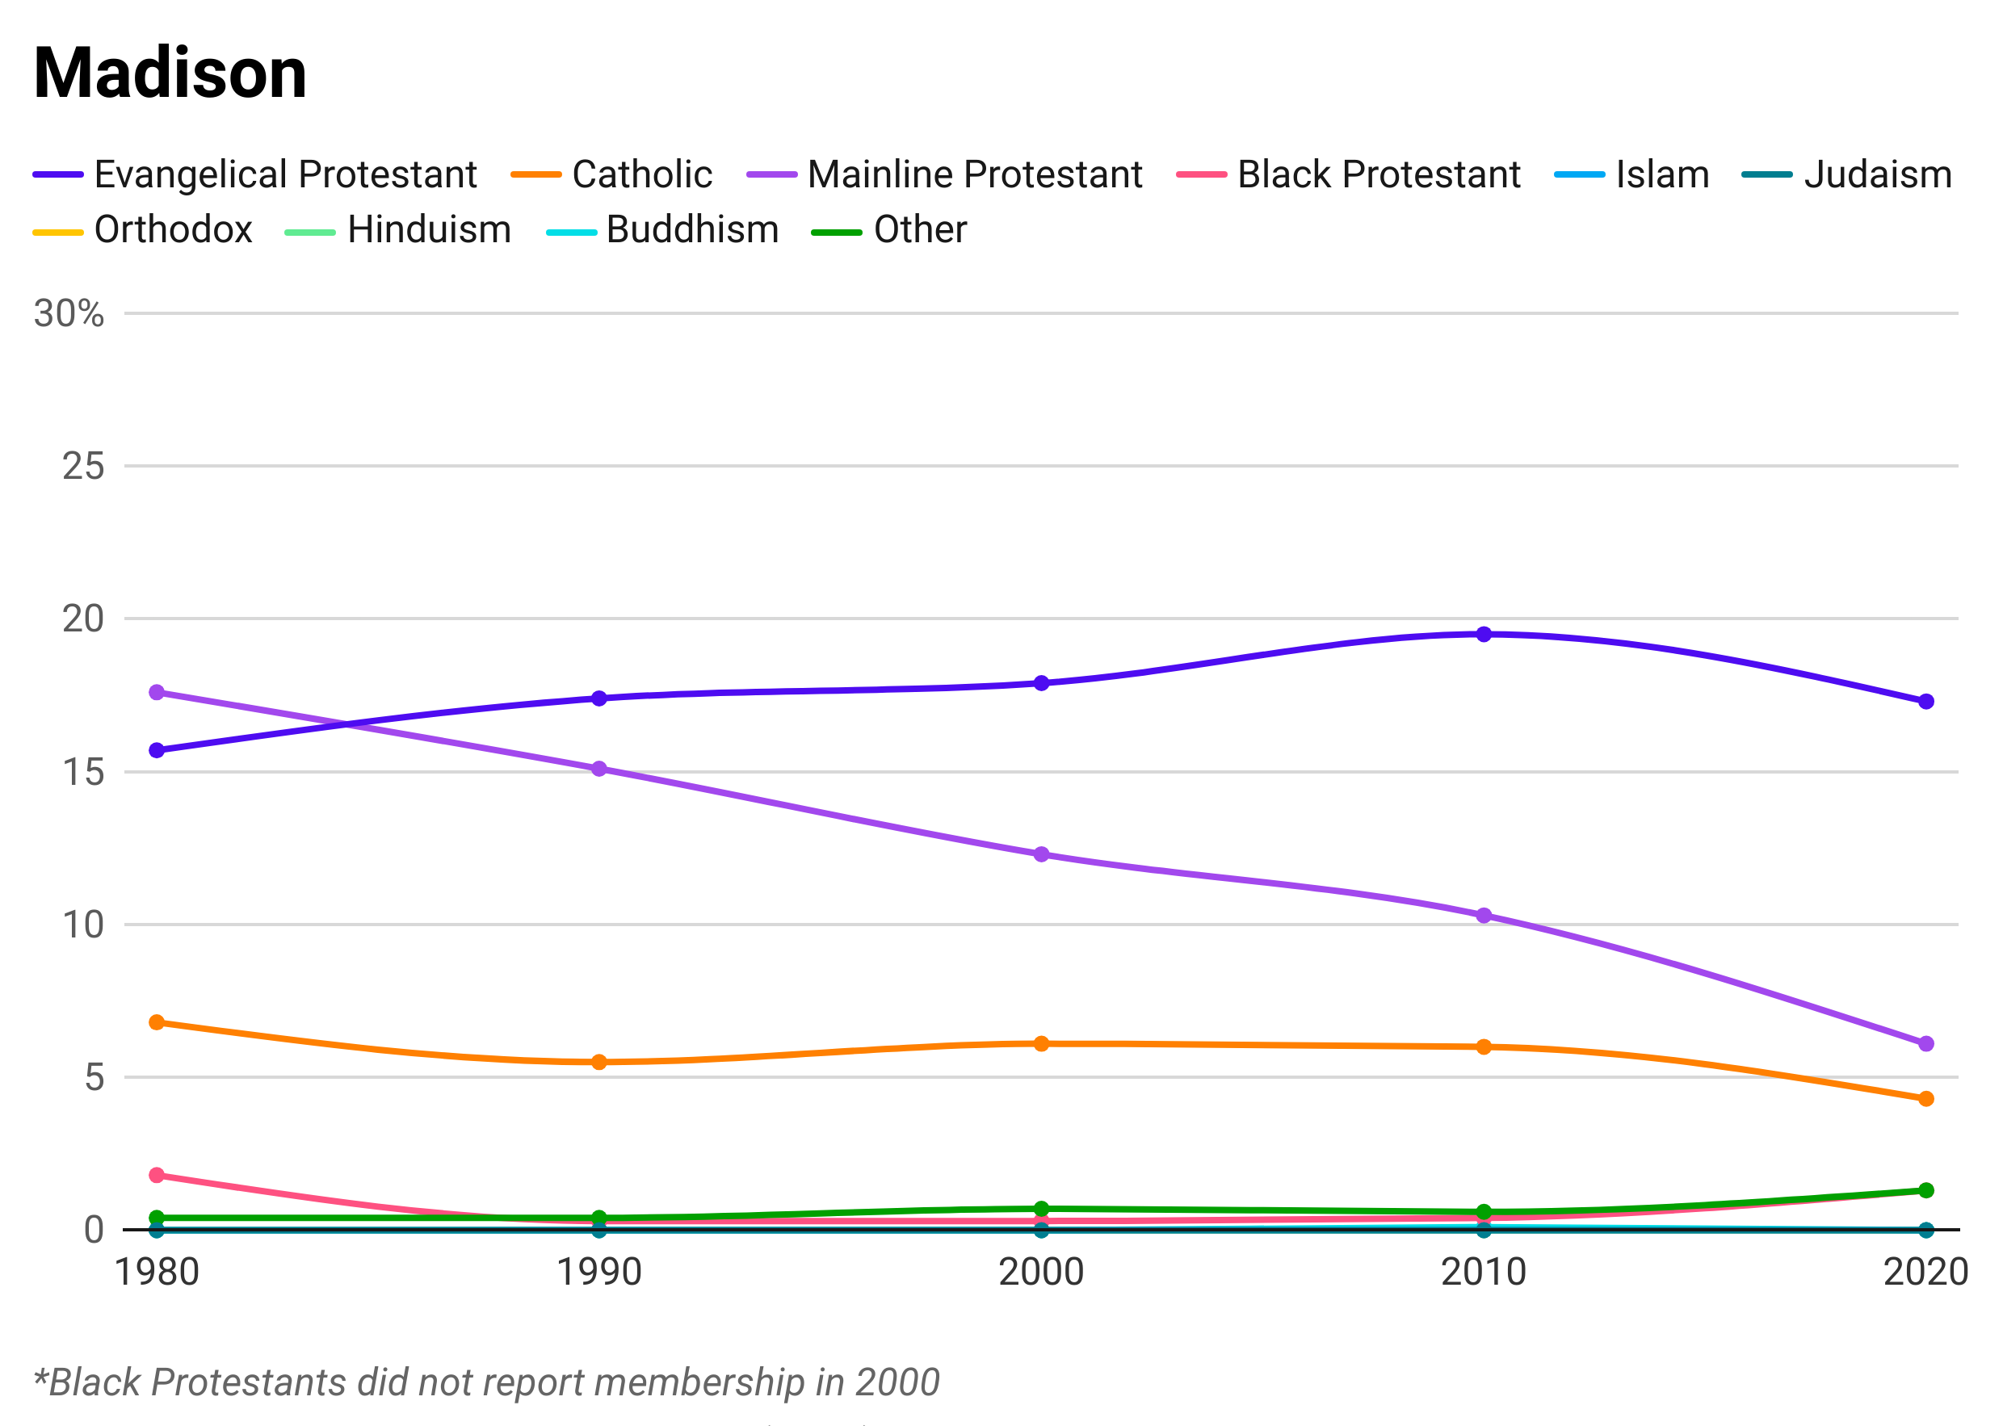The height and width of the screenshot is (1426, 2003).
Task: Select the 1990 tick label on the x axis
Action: tap(598, 1268)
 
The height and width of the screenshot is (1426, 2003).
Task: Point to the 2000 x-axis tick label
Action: tap(1040, 1268)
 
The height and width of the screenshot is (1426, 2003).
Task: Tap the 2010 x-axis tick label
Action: tap(1483, 1268)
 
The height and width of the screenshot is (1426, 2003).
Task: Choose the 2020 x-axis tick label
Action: tap(1924, 1268)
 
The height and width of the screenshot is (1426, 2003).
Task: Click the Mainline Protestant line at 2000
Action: tap(1040, 852)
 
